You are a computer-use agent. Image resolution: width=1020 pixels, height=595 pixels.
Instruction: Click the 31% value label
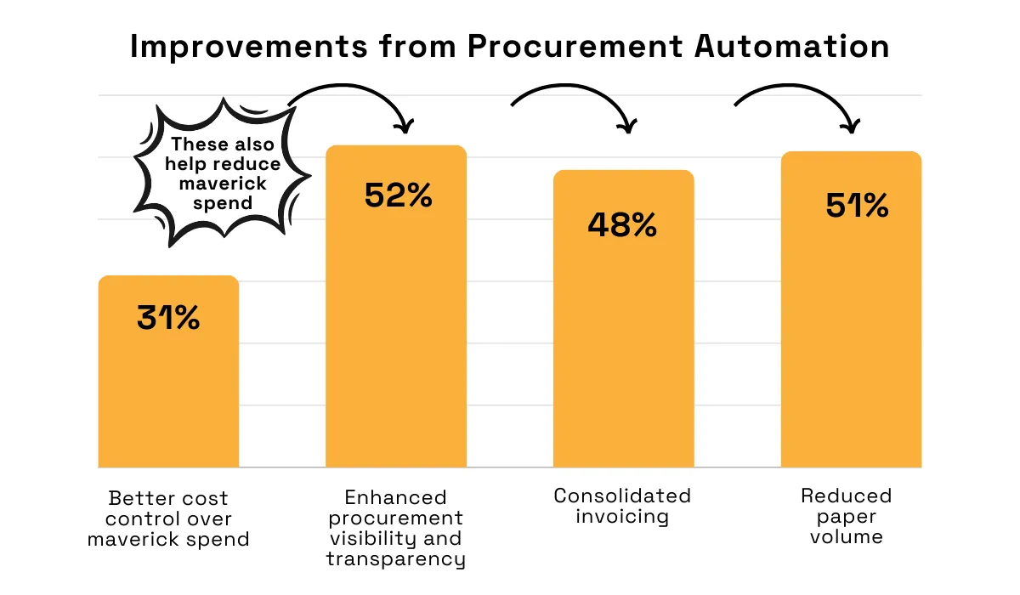168,317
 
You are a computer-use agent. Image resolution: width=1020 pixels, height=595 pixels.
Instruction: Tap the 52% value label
398,195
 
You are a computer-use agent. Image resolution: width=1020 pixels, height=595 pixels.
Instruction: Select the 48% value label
622,224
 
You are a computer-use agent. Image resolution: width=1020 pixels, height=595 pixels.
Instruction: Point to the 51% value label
857,206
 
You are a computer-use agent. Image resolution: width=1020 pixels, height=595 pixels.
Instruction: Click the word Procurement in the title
575,47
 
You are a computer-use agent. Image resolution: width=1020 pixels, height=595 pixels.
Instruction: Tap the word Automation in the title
792,47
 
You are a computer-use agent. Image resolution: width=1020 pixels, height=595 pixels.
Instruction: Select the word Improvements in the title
248,48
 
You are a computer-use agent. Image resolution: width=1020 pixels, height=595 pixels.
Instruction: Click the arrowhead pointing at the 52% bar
405,126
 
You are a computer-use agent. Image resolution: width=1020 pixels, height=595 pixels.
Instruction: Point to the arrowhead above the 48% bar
627,126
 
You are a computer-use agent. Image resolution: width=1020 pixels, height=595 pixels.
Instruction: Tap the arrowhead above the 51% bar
851,126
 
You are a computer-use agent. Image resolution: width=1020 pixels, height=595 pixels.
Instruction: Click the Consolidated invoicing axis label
622,507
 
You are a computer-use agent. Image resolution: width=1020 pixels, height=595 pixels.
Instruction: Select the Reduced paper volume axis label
847,516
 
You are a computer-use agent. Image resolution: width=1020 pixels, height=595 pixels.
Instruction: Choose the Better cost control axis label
168,518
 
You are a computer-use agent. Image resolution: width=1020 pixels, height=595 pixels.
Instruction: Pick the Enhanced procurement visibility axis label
396,528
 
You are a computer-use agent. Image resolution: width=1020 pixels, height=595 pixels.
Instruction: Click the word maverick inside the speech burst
223,184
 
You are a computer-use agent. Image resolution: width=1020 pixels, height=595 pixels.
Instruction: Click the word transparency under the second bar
396,559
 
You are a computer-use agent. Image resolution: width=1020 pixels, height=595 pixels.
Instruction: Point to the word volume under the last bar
847,536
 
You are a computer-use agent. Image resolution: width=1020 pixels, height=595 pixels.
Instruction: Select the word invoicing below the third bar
622,517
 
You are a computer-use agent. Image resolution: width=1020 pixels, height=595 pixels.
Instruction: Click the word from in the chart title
417,47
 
